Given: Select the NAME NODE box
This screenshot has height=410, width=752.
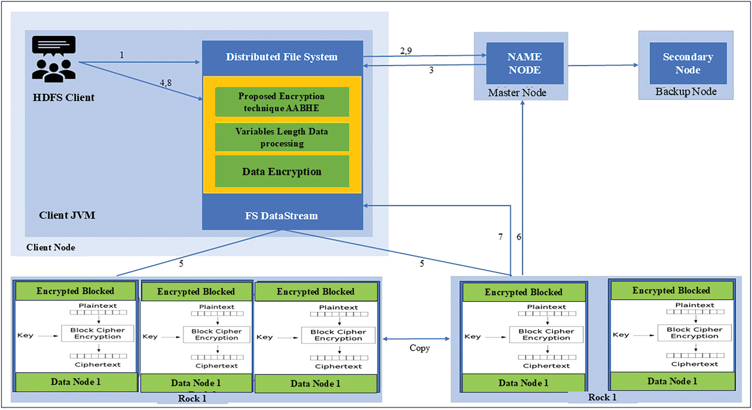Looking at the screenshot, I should coord(525,63).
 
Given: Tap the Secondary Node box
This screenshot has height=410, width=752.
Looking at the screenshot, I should coord(688,63).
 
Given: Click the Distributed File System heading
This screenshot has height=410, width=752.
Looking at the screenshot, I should coord(282,57).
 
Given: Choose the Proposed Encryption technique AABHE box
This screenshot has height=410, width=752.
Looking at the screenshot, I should coord(282,102).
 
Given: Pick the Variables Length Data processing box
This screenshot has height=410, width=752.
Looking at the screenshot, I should coord(282,137).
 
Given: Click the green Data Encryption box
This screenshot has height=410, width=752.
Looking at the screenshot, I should coord(282,171).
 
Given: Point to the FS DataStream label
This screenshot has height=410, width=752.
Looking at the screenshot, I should coord(281,216).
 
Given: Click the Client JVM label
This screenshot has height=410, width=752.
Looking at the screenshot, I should coord(67,215).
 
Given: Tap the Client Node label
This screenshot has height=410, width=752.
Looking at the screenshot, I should coord(51,247).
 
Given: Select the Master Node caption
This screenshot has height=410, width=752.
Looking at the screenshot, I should coord(517,93).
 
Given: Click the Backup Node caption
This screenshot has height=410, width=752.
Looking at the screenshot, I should coord(686,92).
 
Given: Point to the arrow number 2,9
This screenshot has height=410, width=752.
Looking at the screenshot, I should coord(406,51).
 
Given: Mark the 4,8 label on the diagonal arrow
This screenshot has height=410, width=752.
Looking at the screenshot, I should coord(165,83).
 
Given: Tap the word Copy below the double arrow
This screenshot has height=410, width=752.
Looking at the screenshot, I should coord(420,348).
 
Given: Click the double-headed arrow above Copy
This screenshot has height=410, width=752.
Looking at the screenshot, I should coord(416,339).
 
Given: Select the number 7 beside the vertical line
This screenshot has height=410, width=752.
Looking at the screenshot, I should coord(500,237).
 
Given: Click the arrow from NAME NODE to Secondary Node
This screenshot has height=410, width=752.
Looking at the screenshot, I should coord(603,65).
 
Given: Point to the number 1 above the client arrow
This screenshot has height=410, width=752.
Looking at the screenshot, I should coord(122,55).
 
